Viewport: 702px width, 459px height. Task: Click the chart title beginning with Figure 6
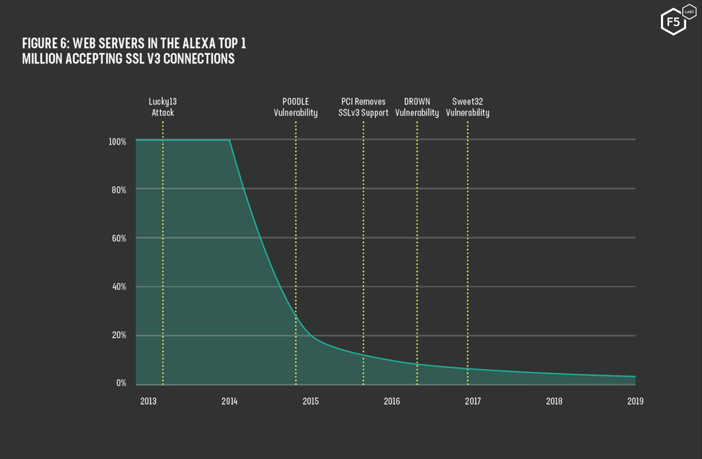tap(137, 51)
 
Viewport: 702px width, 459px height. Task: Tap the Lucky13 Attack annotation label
tap(163, 107)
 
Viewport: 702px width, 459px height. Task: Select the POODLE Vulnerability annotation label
tap(295, 107)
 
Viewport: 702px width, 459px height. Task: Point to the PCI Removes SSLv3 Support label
tap(363, 107)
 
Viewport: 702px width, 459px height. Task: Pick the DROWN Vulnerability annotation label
tap(417, 107)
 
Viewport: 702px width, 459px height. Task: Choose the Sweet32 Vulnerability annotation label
tap(467, 107)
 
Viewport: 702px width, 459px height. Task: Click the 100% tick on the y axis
tap(118, 141)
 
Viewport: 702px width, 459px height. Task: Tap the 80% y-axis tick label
tap(119, 190)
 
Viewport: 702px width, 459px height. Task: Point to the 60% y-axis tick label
tap(119, 239)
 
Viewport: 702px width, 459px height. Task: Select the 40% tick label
tap(119, 287)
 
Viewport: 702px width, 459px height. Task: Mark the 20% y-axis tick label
tap(119, 335)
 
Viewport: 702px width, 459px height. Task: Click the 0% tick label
tap(121, 383)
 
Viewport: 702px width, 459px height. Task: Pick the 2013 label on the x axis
tap(148, 401)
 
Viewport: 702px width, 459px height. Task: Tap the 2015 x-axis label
tap(310, 401)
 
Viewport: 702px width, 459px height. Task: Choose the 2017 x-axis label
tap(473, 401)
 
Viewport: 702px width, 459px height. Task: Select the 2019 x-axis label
tap(635, 401)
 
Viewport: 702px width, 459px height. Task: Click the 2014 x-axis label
tap(229, 401)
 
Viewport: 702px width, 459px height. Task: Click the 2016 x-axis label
tap(392, 401)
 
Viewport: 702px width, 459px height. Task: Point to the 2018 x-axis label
tap(554, 401)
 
